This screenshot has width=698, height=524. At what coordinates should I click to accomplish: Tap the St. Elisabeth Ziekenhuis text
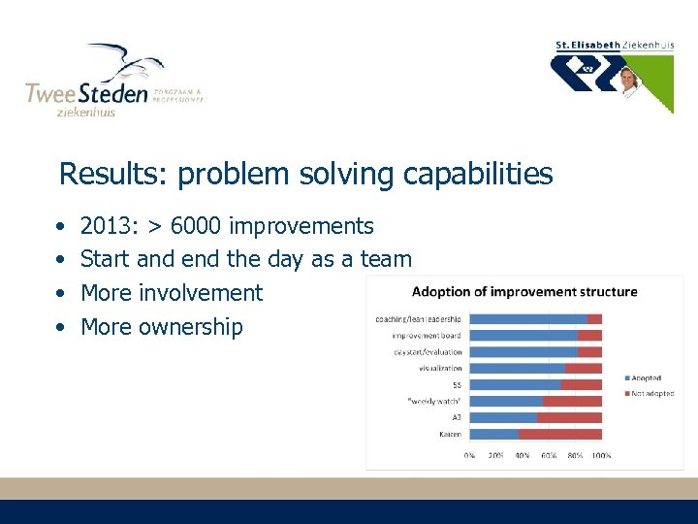click(614, 45)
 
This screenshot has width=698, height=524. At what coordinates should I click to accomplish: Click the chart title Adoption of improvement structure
click(524, 291)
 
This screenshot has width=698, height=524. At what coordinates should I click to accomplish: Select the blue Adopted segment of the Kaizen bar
click(492, 434)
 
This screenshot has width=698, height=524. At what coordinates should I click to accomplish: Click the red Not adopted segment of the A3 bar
click(569, 417)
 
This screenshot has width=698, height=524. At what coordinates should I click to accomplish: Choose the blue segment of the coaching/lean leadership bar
click(528, 318)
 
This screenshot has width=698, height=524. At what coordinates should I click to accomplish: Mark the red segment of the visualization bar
click(584, 368)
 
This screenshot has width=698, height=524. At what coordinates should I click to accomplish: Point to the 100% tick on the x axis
click(601, 454)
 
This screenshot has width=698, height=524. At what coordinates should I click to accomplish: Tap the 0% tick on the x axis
click(469, 454)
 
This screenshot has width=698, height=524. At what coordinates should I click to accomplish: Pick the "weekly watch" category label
click(435, 401)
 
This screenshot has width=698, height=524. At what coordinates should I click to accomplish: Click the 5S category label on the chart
click(456, 384)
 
